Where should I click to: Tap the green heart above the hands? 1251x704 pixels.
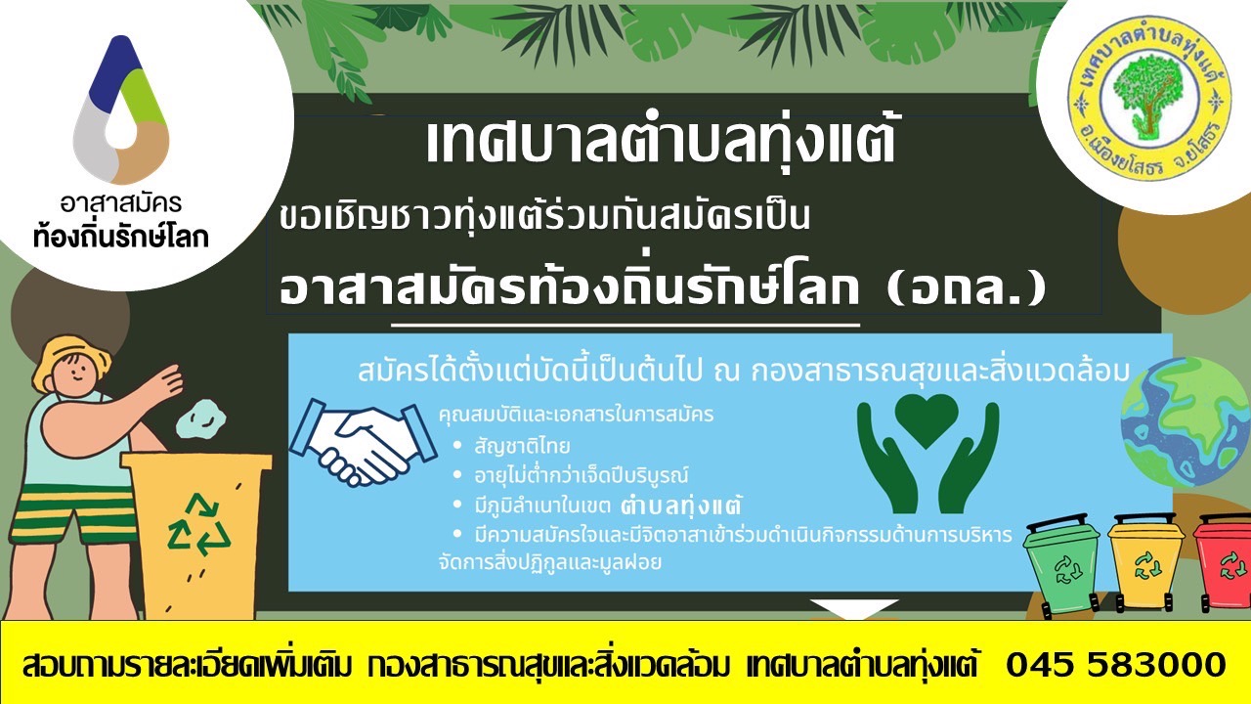pyautogui.click(x=927, y=420)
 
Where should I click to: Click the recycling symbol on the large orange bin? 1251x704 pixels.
pyautogui.click(x=198, y=525)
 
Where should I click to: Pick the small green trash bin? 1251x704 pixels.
pyautogui.click(x=1062, y=565)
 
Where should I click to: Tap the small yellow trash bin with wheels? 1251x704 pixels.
pyautogui.click(x=1144, y=561)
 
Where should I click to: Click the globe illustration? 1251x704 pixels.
pyautogui.click(x=1186, y=421)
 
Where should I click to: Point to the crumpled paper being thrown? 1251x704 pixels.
pyautogui.click(x=200, y=418)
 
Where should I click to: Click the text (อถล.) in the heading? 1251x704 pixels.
pyautogui.click(x=967, y=288)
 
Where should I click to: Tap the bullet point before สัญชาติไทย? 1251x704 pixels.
pyautogui.click(x=458, y=445)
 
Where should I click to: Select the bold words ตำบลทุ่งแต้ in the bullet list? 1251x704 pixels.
pyautogui.click(x=681, y=506)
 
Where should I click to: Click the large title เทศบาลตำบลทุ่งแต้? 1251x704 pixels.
pyautogui.click(x=661, y=143)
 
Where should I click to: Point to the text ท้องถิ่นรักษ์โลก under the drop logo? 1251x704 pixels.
pyautogui.click(x=121, y=237)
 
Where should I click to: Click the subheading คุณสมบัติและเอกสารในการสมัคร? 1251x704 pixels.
pyautogui.click(x=577, y=415)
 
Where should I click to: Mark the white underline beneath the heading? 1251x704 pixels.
pyautogui.click(x=625, y=325)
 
